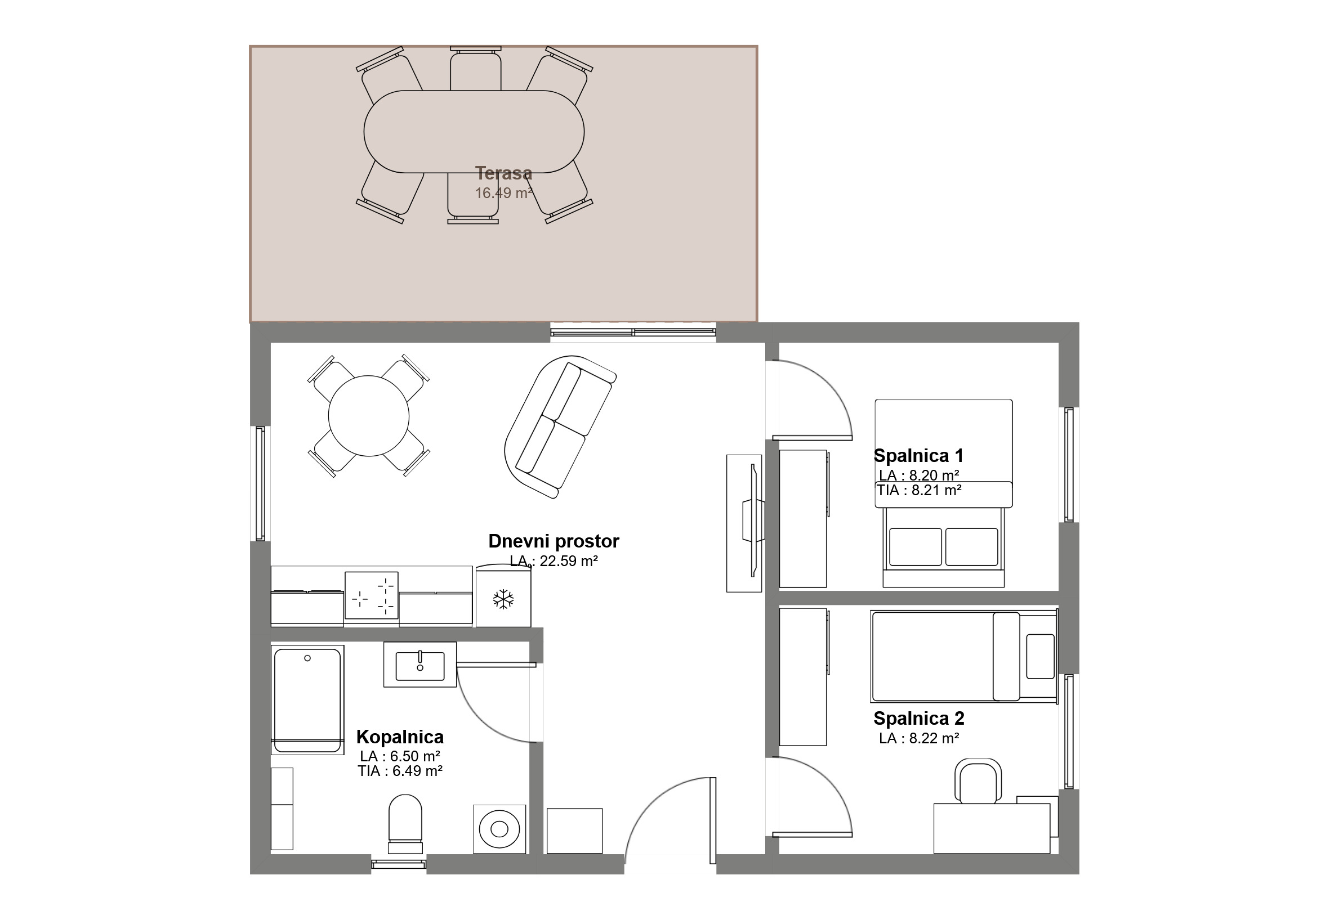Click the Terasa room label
[x=503, y=173]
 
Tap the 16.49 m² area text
[x=503, y=193]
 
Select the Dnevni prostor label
[x=554, y=541]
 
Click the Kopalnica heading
[x=400, y=737]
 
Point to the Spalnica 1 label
[x=918, y=455]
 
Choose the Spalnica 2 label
[x=919, y=718]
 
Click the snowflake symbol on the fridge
[x=503, y=599]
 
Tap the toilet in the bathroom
[x=405, y=824]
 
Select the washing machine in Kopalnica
[x=499, y=829]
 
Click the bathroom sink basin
[x=420, y=666]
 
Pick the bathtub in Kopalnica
[x=307, y=699]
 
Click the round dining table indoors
[x=369, y=416]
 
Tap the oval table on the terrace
[x=474, y=132]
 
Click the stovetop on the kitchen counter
[x=372, y=595]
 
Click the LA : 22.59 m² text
[x=554, y=561]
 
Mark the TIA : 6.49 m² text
[x=400, y=771]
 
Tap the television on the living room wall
[x=753, y=520]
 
